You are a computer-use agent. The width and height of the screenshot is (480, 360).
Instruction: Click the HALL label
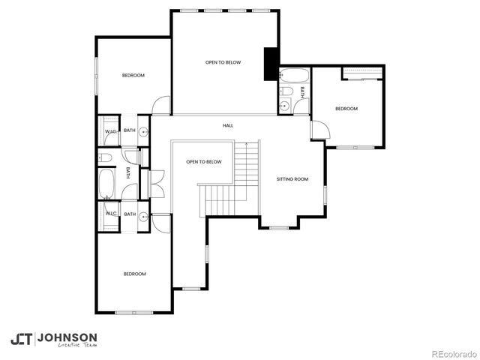point(228,125)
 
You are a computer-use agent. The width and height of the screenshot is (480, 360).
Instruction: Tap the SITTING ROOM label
point(292,179)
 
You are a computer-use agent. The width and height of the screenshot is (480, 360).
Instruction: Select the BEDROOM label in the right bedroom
point(346,109)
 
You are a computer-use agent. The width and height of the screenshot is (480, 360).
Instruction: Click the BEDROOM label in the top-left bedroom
point(133,75)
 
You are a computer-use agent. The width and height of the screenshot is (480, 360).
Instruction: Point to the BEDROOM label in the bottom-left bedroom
point(134,274)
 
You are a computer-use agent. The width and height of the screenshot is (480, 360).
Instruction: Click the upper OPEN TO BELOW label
point(223,62)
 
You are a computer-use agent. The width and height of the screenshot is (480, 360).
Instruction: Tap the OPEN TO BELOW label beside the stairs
point(204,162)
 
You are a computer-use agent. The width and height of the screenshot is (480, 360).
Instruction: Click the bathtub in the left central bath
point(106,182)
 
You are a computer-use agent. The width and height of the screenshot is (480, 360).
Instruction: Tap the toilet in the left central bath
point(105,157)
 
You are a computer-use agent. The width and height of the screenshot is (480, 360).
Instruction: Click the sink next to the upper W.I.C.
point(142,130)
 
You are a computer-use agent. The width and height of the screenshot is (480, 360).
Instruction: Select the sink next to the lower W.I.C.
point(142,214)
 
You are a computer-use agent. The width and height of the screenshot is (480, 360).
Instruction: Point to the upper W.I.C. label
point(110,131)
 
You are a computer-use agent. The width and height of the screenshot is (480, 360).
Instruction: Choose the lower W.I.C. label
point(110,214)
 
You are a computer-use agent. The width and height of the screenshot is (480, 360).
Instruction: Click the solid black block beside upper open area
point(270,64)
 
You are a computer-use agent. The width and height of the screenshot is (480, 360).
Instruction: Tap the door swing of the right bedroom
point(319,129)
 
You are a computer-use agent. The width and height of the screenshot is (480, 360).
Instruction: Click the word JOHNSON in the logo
point(67,337)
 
